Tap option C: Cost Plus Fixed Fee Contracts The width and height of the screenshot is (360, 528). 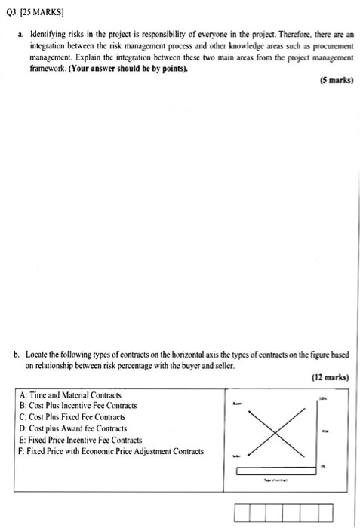(72, 417)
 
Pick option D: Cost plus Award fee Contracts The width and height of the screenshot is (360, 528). (73, 428)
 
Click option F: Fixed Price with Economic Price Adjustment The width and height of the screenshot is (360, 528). (110, 451)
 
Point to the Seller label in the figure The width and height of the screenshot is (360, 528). (237, 456)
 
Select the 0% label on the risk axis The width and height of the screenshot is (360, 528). (324, 465)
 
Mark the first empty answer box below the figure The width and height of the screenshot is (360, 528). (243, 514)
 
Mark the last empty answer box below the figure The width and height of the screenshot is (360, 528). (325, 514)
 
